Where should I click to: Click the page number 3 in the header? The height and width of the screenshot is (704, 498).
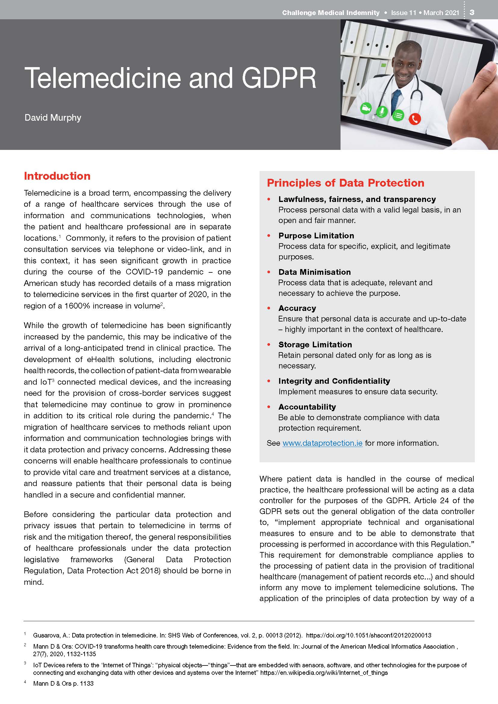pyautogui.click(x=472, y=12)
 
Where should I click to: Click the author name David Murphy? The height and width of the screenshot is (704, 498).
pyautogui.click(x=53, y=118)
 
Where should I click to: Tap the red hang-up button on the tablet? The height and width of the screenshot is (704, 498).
pyautogui.click(x=415, y=119)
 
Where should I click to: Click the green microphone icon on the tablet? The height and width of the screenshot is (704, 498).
pyautogui.click(x=381, y=112)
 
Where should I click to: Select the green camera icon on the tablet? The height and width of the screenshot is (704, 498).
pyautogui.click(x=366, y=108)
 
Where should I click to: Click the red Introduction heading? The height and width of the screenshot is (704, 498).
pyautogui.click(x=57, y=176)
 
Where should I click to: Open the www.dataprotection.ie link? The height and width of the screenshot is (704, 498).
pyautogui.click(x=322, y=443)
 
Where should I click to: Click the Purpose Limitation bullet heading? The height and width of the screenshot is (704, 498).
pyautogui.click(x=316, y=235)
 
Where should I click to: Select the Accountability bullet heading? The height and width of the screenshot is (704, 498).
pyautogui.click(x=307, y=407)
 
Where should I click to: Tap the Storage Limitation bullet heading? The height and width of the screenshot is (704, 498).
pyautogui.click(x=315, y=345)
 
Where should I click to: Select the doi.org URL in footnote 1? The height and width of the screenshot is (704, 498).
pyautogui.click(x=369, y=635)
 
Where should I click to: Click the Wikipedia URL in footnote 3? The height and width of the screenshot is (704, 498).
pyautogui.click(x=324, y=673)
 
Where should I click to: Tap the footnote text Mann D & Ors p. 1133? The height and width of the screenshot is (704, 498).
pyautogui.click(x=63, y=684)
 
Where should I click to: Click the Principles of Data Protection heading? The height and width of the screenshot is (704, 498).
pyautogui.click(x=345, y=183)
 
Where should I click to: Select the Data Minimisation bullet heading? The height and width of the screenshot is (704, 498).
pyautogui.click(x=314, y=272)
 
